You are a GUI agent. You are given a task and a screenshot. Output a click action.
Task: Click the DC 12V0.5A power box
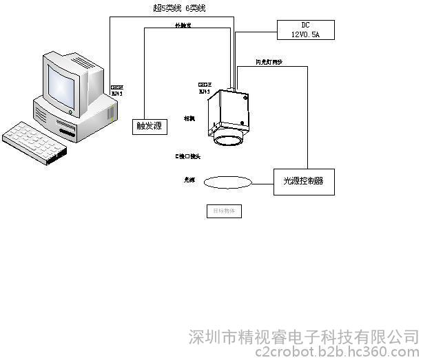[x=305, y=30]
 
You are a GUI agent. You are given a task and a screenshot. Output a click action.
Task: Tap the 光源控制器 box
[x=303, y=182]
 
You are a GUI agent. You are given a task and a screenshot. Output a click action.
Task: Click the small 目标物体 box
[x=224, y=212]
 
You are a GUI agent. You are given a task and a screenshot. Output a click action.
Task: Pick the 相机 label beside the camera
[x=189, y=119]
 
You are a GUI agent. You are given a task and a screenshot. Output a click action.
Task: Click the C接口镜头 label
[x=187, y=157]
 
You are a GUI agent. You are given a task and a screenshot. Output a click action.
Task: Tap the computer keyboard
[x=35, y=142]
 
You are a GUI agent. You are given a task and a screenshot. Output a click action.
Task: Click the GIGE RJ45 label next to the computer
[x=117, y=89]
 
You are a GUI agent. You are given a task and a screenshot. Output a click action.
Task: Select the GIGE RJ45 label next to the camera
[x=205, y=87]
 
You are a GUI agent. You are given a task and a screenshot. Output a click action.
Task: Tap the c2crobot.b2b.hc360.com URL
[x=336, y=352]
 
